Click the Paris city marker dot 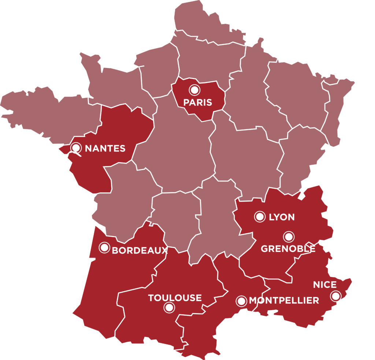point(194,90)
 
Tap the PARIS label point(198,102)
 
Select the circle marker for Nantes point(76,148)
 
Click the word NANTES point(105,149)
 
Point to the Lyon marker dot point(260,217)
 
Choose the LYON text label point(282,217)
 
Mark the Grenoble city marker point(289,237)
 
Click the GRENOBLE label point(288,249)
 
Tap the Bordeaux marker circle point(104,248)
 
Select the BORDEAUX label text point(140,251)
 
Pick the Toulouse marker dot point(169,308)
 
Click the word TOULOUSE point(175,298)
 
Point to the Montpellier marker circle point(241,301)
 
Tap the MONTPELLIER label point(284,301)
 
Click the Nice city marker point(335,296)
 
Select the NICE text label point(324,285)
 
